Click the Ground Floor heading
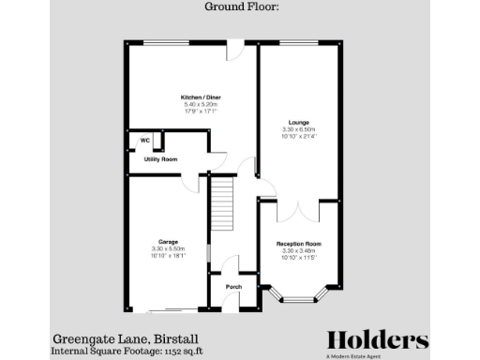coord(239,8)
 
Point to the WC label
coord(145,141)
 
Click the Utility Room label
coord(160,160)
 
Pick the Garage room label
coord(169,242)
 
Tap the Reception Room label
coord(298,245)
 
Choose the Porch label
coord(234,286)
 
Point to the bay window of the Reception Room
coord(300,299)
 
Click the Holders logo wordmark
coord(378,340)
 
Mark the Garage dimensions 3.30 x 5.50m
coord(169,248)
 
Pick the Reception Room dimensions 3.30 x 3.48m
coord(298,251)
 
